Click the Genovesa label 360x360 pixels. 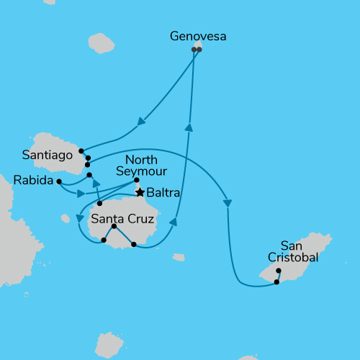click(197, 35)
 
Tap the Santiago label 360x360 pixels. click(48, 154)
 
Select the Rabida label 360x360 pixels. click(33, 181)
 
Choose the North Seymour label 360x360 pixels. click(146, 165)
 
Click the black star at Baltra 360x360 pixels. click(141, 192)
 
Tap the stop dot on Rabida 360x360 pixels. click(59, 181)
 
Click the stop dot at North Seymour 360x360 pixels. click(137, 180)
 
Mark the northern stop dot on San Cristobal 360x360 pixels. click(279, 271)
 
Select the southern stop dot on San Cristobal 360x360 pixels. click(276, 282)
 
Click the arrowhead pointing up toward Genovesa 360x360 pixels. click(189, 127)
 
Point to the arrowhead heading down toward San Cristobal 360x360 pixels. click(228, 204)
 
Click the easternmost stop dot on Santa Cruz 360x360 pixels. click(134, 245)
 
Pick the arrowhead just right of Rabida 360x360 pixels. click(81, 193)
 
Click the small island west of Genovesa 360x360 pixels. click(101, 44)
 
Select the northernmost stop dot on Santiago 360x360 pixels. click(81, 151)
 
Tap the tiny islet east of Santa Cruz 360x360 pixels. click(179, 257)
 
